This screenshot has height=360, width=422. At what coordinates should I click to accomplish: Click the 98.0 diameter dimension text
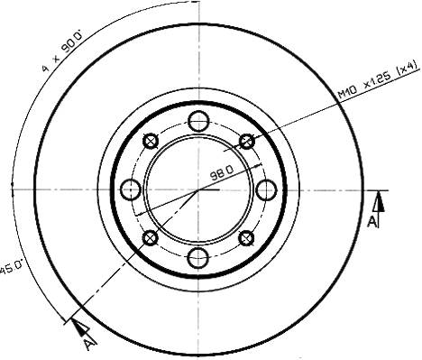222,172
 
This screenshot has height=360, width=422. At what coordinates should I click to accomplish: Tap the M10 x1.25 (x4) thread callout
378,79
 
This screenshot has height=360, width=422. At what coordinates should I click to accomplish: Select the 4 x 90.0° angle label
62,51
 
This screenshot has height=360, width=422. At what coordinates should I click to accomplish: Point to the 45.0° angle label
12,267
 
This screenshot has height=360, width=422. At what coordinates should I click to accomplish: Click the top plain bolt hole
198,121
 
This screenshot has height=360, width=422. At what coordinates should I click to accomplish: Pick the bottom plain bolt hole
198,258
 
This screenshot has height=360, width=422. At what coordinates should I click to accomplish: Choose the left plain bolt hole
131,189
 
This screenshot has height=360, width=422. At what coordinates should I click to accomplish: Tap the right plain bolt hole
266,189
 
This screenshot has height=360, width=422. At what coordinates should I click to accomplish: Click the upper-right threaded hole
247,141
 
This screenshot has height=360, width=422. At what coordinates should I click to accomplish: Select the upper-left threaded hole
151,141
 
